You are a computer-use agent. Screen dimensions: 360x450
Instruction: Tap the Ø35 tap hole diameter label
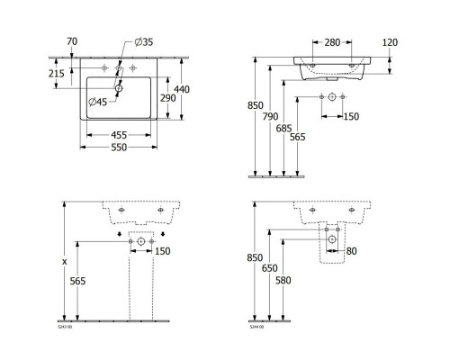[x=144, y=42]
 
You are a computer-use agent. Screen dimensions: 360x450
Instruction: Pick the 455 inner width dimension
[x=116, y=134]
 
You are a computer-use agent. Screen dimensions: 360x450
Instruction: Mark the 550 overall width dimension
[x=116, y=147]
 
